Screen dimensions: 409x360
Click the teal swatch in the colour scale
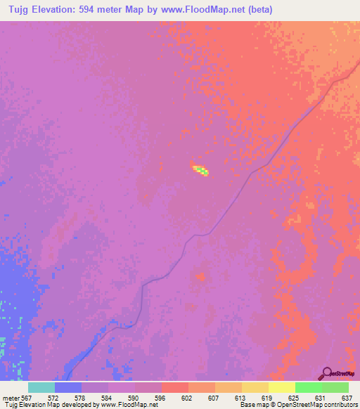click(41, 387)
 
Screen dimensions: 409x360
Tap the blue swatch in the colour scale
click(67, 387)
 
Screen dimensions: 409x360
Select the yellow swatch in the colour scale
click(281, 387)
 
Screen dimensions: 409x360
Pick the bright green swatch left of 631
click(308, 387)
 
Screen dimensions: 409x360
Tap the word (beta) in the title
click(258, 9)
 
